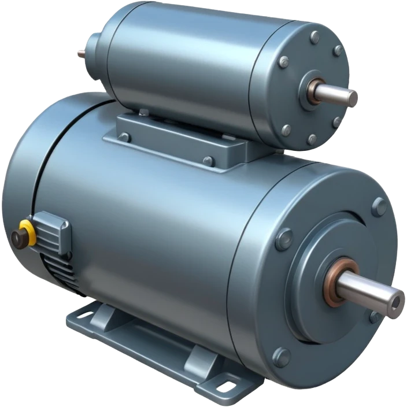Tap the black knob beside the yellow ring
17,237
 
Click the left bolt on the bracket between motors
123,137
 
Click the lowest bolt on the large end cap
282,356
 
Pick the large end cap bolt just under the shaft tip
376,317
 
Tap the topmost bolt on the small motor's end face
315,39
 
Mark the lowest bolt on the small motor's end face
312,139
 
